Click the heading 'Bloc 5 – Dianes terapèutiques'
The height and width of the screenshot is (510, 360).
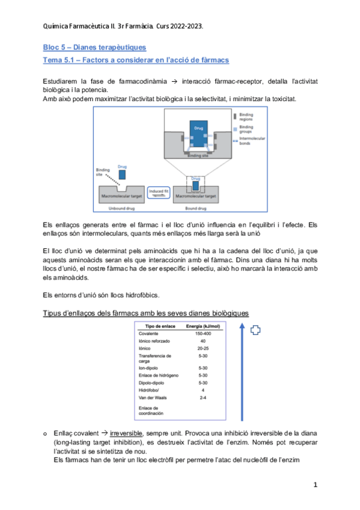coord(94,47)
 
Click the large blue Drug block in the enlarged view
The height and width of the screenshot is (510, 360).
coord(197,133)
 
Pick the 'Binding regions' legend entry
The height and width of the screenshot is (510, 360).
coord(246,115)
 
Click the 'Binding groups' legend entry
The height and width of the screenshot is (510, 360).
coord(246,129)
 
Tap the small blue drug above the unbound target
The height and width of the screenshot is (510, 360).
coord(122,174)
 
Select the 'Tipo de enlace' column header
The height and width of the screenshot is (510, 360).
coord(156,326)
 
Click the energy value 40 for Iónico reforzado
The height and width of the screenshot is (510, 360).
coord(203,340)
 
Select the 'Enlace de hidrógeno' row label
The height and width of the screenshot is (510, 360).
coord(159,375)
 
